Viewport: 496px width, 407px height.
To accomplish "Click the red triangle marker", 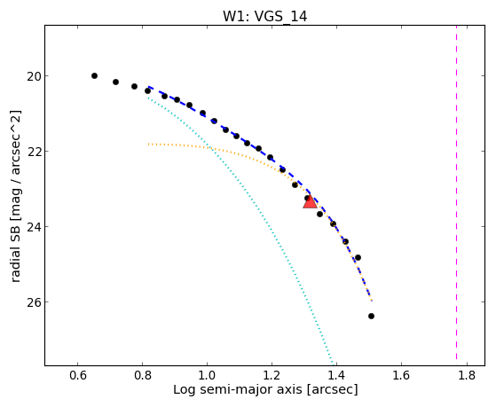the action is coord(310,202).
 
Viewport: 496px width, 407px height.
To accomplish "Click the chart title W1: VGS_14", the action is coord(265,16).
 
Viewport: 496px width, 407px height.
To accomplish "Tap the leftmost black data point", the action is coord(94,76).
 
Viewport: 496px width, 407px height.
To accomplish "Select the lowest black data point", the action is coord(372,317).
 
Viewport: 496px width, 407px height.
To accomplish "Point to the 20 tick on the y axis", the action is coord(34,76).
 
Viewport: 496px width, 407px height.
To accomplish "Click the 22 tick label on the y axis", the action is coord(34,152).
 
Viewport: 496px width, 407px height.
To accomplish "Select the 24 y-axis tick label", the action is coord(34,227).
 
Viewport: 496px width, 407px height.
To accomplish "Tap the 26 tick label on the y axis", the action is coord(34,302).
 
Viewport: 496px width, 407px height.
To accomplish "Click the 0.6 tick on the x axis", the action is coord(77,375).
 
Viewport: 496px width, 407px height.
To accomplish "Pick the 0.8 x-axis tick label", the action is coord(142,375).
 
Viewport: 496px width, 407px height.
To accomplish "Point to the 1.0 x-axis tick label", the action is coord(208,375).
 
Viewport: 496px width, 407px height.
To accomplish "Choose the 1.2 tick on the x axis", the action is coord(272,375).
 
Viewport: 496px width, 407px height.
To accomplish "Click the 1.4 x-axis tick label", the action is coord(337,375).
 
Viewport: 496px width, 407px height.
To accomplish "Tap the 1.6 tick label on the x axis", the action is coord(402,375).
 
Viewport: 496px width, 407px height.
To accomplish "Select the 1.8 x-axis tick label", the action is coord(467,375).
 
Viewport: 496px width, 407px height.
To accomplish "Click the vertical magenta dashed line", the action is coord(456,192).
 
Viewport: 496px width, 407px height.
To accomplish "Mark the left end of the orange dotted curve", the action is coord(148,145).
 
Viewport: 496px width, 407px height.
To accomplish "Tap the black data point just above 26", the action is coord(358,258).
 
